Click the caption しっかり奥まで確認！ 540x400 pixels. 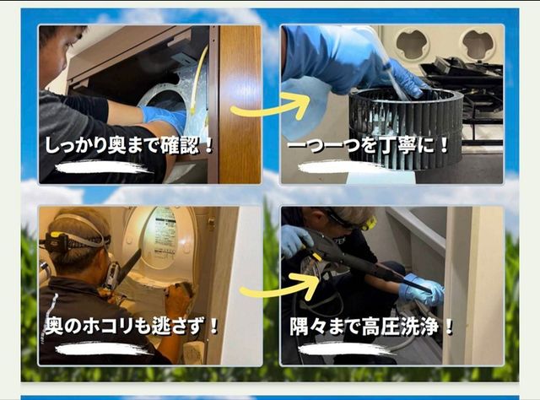click(130, 145)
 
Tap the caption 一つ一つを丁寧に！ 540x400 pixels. click(369, 145)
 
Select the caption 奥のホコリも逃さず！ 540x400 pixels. click(132, 326)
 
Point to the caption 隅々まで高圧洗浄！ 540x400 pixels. click(372, 326)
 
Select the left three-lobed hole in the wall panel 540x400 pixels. click(412, 43)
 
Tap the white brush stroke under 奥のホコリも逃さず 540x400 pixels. click(103, 349)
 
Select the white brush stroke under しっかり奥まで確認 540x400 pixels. click(103, 167)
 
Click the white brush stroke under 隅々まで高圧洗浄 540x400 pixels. click(346, 349)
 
